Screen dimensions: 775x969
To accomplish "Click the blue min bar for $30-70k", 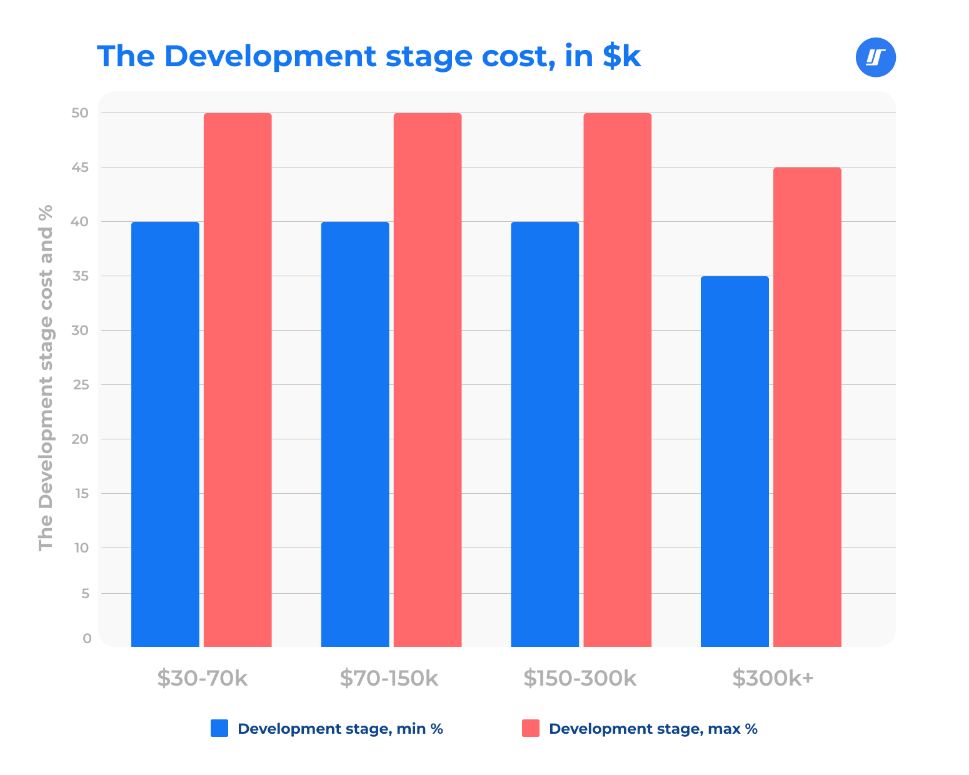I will [x=165, y=434].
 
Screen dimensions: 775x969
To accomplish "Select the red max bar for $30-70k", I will [x=238, y=380].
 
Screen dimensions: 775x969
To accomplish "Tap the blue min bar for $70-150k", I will [x=355, y=434].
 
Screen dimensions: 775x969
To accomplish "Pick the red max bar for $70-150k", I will [x=428, y=380].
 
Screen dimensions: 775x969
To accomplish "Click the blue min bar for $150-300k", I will [x=545, y=434].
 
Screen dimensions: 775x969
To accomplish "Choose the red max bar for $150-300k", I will [x=617, y=380].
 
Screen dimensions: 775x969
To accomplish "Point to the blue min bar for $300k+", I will [x=735, y=461].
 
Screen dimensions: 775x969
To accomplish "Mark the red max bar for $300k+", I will [x=807, y=407].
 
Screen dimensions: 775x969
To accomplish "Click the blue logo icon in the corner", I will [x=875, y=57].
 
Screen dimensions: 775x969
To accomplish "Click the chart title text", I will [x=369, y=56].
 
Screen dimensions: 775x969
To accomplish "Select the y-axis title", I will [x=46, y=377].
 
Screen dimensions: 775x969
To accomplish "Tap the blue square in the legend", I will [x=219, y=728].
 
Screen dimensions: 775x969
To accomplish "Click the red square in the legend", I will [x=531, y=728].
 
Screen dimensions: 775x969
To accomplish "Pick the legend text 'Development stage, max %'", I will [x=653, y=729].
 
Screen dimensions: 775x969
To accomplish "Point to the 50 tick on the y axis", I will [x=81, y=113].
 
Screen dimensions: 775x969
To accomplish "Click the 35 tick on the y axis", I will [x=81, y=276].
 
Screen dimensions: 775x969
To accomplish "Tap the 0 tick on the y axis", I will [x=87, y=638].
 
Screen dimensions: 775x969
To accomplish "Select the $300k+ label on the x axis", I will [x=773, y=678].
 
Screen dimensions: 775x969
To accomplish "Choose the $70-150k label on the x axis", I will [x=389, y=678].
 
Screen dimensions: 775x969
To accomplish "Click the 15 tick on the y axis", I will [x=81, y=494].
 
